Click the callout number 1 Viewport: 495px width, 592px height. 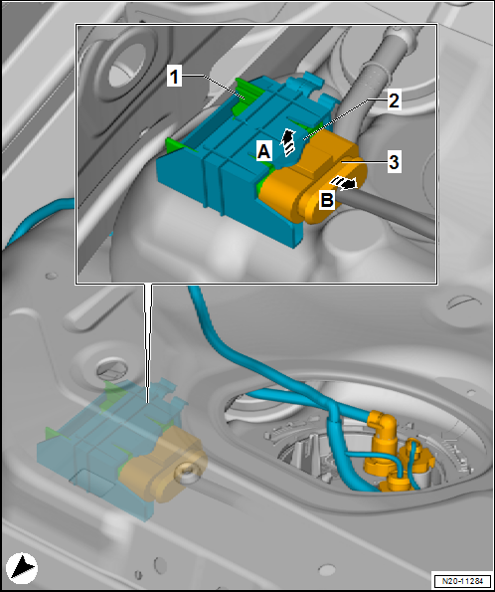[174, 78]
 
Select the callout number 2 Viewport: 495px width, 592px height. [394, 100]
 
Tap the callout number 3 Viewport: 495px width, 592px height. [394, 162]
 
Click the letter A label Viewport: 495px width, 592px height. [263, 152]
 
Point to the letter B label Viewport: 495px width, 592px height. [327, 199]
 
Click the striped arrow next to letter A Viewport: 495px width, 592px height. [288, 142]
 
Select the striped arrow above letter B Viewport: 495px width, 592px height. [343, 183]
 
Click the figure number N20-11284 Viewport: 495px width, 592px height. [462, 581]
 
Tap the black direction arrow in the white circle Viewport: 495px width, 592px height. [22, 567]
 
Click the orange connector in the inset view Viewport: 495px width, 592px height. [311, 177]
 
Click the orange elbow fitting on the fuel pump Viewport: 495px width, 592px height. [384, 429]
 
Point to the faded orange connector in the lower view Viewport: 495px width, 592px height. [162, 464]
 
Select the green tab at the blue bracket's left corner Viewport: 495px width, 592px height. [177, 145]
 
